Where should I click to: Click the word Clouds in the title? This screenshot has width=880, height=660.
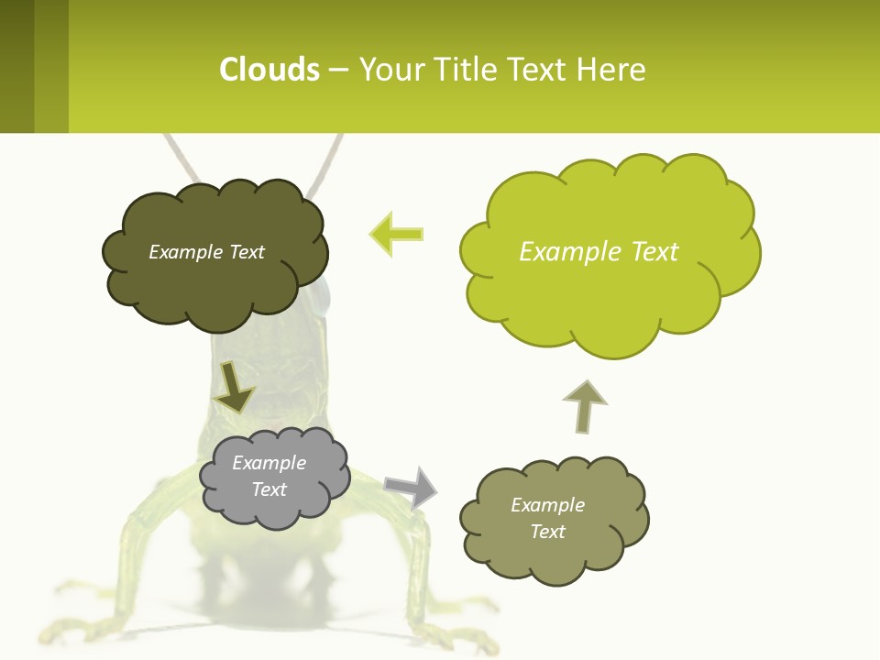(x=269, y=69)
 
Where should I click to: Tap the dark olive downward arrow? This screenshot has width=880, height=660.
(x=234, y=388)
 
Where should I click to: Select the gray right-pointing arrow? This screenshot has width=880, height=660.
(x=411, y=486)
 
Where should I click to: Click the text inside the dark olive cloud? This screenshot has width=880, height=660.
(x=206, y=252)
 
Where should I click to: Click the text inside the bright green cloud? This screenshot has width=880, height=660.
(x=599, y=252)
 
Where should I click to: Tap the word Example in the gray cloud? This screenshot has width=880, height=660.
(x=269, y=463)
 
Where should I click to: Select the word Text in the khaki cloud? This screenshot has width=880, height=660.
(x=547, y=532)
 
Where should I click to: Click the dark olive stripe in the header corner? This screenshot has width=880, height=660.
(x=16, y=66)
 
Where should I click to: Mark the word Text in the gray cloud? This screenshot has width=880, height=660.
(x=269, y=489)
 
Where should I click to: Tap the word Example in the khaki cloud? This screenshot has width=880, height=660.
(x=547, y=505)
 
